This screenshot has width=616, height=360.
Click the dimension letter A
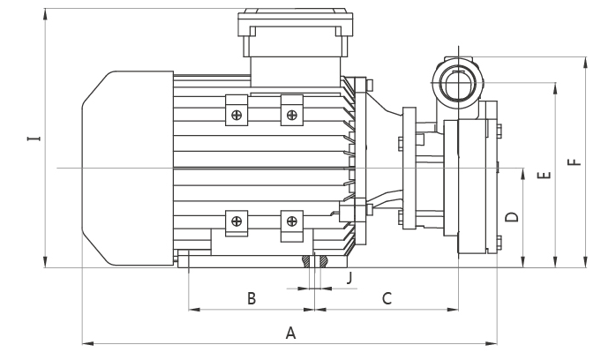289,333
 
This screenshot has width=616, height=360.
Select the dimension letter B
252,299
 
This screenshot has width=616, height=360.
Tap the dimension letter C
387,299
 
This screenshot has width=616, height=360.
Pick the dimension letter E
545,175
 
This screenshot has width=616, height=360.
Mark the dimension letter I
33,139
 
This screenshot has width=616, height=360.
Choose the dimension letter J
350,278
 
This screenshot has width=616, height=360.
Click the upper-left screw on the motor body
236,114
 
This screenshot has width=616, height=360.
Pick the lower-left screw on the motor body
236,221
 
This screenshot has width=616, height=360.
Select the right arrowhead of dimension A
494,343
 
